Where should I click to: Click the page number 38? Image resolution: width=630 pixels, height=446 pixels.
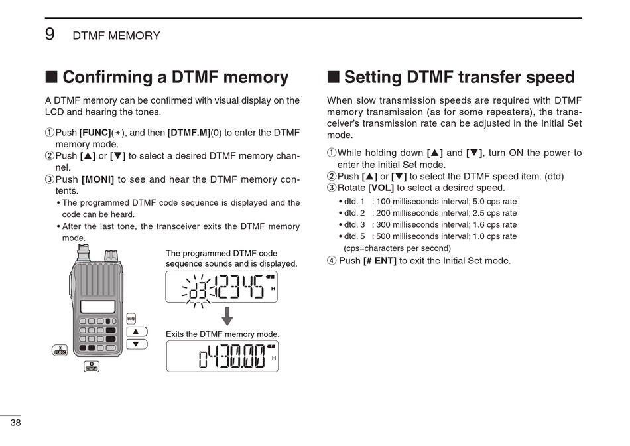click(15, 423)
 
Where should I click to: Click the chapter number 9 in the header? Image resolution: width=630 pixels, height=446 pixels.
click(50, 35)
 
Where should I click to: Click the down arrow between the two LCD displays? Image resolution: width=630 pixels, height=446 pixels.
click(227, 316)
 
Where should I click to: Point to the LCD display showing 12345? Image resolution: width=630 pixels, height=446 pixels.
click(221, 287)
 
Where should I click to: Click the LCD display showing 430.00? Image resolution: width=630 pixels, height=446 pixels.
click(221, 356)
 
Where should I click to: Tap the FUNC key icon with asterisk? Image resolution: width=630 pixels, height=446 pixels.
click(60, 351)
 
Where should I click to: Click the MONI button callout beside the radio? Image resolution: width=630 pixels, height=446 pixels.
click(131, 319)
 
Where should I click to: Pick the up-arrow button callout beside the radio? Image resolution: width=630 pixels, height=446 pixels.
click(136, 332)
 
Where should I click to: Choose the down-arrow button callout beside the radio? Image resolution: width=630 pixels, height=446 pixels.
click(136, 344)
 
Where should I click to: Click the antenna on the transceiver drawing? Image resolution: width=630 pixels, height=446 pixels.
click(84, 252)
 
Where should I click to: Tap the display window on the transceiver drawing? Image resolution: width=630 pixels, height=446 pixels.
click(97, 307)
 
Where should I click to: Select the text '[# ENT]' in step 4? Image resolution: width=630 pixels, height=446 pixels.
click(379, 261)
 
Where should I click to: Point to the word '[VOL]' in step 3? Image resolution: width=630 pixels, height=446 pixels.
click(381, 188)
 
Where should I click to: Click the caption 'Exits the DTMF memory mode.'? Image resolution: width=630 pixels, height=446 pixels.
click(222, 334)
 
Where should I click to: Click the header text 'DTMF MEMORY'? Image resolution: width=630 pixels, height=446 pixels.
click(116, 36)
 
